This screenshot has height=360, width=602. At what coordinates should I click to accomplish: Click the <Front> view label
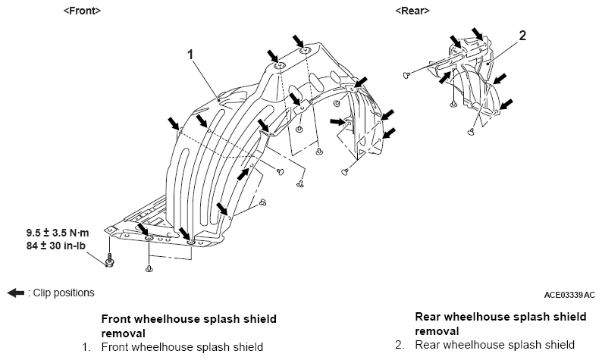[x=82, y=11]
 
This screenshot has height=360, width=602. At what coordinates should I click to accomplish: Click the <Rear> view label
[x=412, y=11]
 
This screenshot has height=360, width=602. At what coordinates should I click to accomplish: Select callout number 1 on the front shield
[x=190, y=55]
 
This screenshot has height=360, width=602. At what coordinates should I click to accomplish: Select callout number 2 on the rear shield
[x=522, y=36]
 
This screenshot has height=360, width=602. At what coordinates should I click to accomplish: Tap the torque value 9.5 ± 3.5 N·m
[x=58, y=233]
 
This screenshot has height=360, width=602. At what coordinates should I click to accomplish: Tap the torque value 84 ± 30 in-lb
[x=56, y=246]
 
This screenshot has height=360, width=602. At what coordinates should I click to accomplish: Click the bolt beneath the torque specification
[x=109, y=260]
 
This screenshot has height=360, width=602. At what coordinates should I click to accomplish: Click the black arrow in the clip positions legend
[x=16, y=293]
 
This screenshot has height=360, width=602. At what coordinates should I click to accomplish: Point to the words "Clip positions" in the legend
[x=64, y=293]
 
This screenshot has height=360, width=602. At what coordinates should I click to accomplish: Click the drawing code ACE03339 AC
[x=569, y=295]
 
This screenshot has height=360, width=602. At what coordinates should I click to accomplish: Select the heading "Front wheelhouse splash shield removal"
[x=189, y=326]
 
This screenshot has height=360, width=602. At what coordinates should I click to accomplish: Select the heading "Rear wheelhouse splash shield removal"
[x=500, y=324]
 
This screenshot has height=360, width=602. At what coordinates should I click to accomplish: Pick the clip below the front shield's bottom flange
[x=149, y=268]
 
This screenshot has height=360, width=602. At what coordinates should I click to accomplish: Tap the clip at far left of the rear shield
[x=406, y=75]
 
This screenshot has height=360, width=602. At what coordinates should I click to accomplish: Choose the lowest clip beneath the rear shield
[x=470, y=132]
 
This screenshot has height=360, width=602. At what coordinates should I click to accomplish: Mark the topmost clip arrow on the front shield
[x=297, y=41]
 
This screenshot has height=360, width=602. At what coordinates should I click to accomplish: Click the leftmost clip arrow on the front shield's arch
[x=173, y=124]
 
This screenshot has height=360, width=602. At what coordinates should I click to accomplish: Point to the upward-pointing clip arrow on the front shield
[x=243, y=174]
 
